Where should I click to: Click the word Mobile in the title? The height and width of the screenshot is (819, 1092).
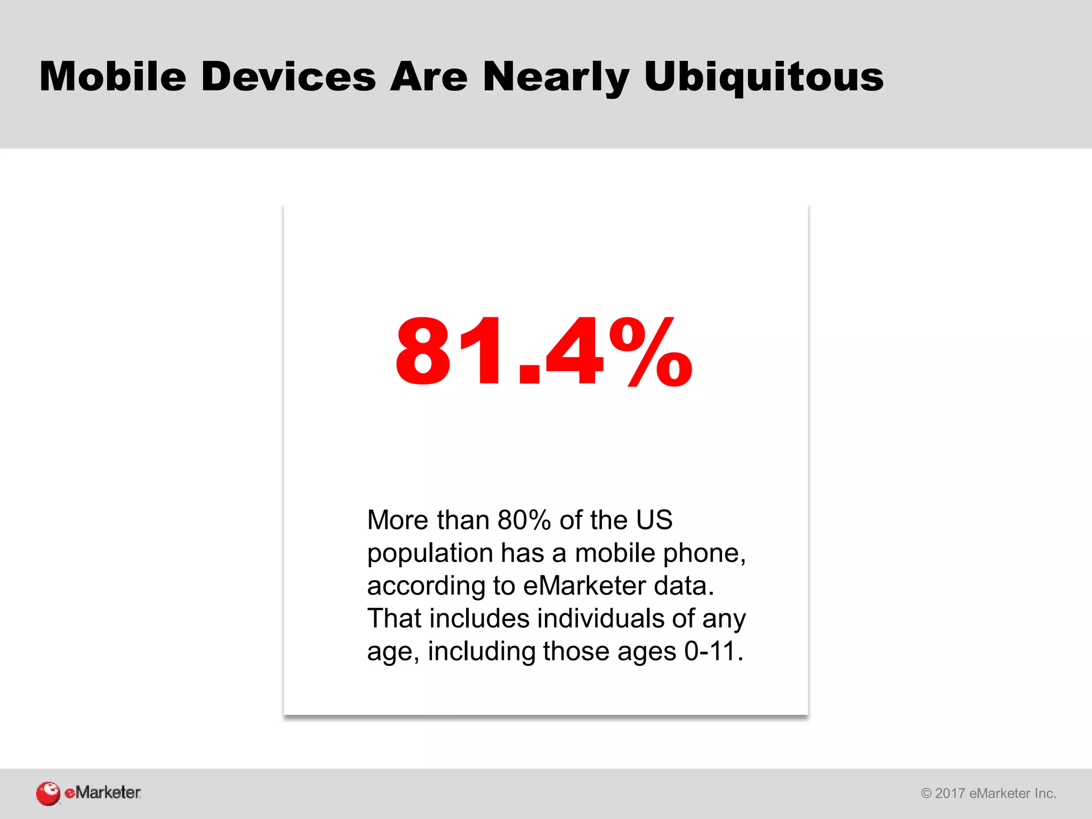(113, 77)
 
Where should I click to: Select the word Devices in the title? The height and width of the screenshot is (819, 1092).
(288, 77)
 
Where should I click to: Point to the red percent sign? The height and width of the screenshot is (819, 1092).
(651, 352)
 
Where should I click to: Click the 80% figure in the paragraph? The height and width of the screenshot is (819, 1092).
(524, 519)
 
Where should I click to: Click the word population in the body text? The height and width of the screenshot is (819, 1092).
(429, 553)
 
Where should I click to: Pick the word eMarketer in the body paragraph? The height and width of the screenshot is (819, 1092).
(584, 585)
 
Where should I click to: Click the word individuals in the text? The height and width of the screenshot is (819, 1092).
(600, 619)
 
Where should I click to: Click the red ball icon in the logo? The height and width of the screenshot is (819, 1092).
(48, 793)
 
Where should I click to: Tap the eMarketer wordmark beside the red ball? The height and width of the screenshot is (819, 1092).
(102, 792)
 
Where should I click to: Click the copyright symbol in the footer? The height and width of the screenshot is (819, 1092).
(926, 793)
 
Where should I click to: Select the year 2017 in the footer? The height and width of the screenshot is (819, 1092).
(950, 793)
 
